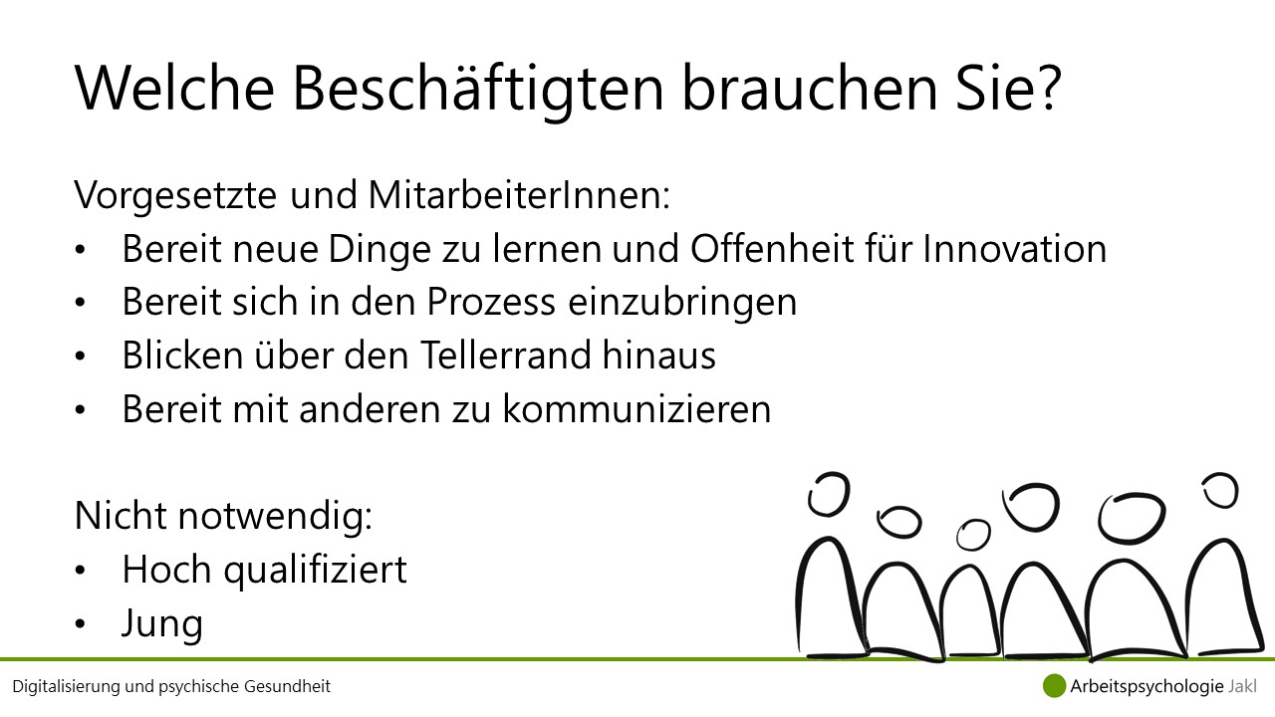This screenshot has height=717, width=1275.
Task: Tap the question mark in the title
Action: [x=1047, y=87]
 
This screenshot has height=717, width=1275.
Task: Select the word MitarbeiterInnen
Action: [x=519, y=195]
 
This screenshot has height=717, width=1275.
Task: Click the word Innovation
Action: [x=1015, y=249]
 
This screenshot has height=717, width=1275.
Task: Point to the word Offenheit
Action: [x=772, y=249]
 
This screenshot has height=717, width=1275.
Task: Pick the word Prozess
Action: [x=491, y=302]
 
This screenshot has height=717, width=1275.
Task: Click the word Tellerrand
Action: [x=506, y=356]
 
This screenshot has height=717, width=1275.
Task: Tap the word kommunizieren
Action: [x=637, y=408]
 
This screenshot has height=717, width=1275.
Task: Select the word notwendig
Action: [x=275, y=517]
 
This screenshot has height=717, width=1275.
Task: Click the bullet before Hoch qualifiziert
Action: [x=80, y=571]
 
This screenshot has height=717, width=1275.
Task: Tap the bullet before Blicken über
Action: [x=80, y=357]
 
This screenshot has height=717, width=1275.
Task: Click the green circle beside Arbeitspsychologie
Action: [x=1054, y=686]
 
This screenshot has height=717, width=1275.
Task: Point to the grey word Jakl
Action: [x=1242, y=686]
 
